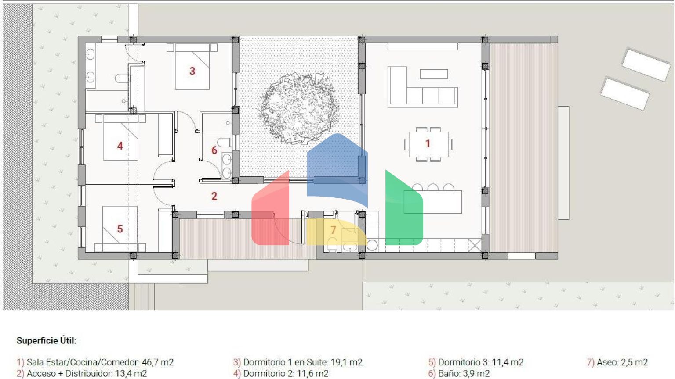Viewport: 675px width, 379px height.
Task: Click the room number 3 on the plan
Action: (x=192, y=71)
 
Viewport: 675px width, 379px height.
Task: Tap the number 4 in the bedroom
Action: (x=120, y=146)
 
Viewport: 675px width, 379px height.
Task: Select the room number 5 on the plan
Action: (x=120, y=229)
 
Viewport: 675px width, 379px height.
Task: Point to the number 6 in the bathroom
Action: (x=214, y=150)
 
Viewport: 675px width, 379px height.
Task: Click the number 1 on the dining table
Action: (x=428, y=144)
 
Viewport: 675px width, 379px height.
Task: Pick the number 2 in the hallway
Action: (x=214, y=196)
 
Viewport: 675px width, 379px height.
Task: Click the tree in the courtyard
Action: (x=298, y=108)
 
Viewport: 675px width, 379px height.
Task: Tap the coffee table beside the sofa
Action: (x=434, y=74)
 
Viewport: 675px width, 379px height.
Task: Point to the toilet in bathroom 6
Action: (x=224, y=142)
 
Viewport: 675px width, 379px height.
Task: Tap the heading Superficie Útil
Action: (x=47, y=340)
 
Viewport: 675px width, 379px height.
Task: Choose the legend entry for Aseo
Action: (x=617, y=362)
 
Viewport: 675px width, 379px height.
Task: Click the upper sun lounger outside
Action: (x=646, y=64)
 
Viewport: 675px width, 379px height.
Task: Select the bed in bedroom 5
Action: (x=120, y=229)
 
